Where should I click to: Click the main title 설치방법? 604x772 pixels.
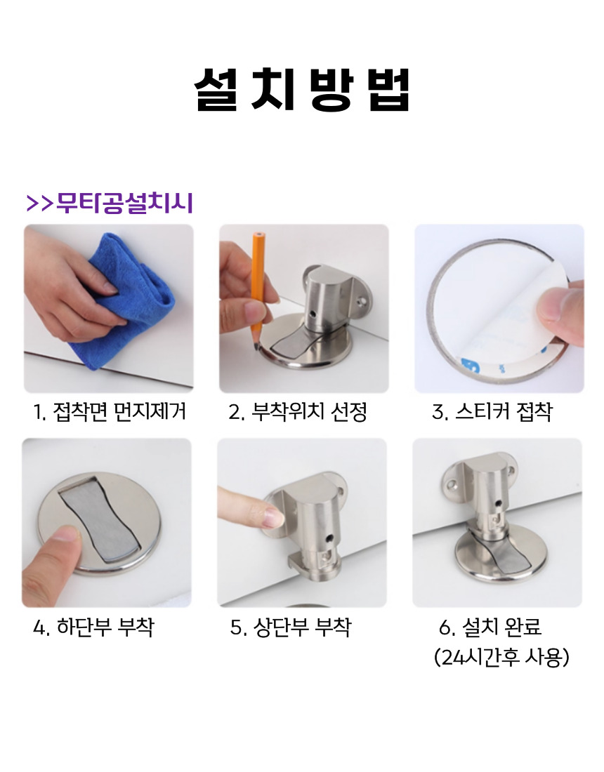[x=301, y=89]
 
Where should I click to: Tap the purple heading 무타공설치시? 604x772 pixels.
[x=124, y=203]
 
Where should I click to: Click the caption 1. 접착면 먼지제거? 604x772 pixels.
[x=110, y=411]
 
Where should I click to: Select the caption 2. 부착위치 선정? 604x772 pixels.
[x=298, y=411]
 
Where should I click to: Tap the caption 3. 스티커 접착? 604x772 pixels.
[x=492, y=411]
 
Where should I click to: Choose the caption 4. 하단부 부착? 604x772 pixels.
[x=93, y=627]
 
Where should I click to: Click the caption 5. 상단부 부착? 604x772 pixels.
[x=291, y=627]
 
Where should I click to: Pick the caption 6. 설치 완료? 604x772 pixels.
[x=490, y=627]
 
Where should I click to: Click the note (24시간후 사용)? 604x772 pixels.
[x=501, y=657]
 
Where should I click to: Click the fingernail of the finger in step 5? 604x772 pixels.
[x=273, y=519]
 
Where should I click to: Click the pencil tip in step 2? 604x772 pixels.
[x=257, y=347]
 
